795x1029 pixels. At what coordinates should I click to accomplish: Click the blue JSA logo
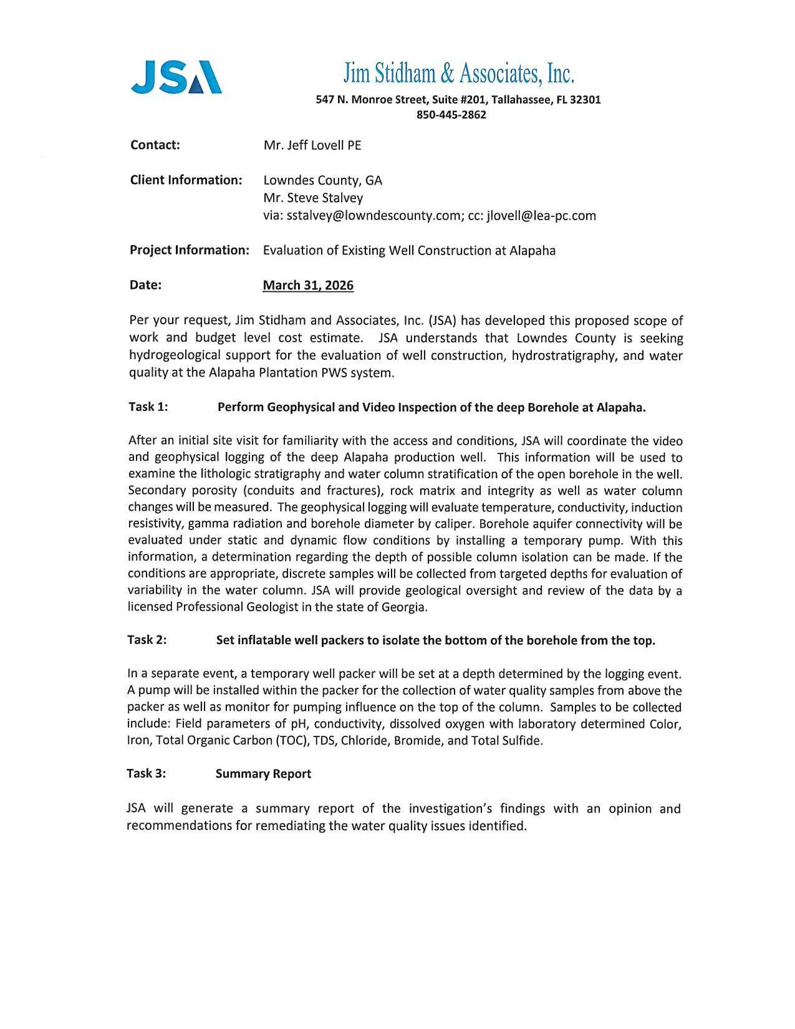(176, 77)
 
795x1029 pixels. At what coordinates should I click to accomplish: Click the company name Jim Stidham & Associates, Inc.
(458, 74)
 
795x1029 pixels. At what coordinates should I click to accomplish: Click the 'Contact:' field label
(155, 145)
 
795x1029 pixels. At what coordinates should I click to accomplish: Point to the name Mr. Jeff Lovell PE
(312, 145)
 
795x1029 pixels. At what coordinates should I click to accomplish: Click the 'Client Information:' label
(186, 180)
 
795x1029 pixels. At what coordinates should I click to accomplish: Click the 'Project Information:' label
(190, 250)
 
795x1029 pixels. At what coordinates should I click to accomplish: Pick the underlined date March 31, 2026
(308, 286)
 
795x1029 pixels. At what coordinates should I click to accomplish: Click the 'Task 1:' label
(148, 407)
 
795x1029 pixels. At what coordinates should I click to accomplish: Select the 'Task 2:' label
(147, 640)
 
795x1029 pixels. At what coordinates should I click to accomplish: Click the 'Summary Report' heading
(263, 774)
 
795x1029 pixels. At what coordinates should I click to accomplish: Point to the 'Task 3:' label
(147, 774)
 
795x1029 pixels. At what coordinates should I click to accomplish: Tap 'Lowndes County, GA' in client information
(322, 180)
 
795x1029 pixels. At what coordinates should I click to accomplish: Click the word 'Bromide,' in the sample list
(417, 741)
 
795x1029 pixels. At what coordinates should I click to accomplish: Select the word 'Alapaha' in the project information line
(532, 251)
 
